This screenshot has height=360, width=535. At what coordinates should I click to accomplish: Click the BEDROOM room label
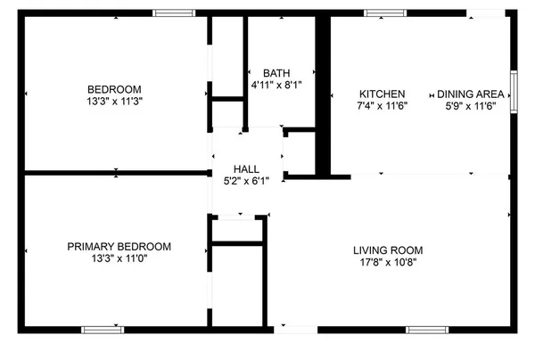(115, 88)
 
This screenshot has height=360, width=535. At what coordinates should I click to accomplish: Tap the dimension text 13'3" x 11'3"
(115, 101)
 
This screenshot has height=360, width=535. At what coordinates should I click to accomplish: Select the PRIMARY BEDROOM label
(119, 247)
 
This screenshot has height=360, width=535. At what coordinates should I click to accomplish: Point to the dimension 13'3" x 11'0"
(119, 259)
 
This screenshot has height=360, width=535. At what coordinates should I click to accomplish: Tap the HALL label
(246, 168)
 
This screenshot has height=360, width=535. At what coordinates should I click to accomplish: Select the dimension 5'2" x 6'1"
(246, 180)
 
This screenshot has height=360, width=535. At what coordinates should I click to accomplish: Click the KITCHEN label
(382, 94)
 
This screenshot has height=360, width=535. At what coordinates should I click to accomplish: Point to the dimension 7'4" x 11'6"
(382, 106)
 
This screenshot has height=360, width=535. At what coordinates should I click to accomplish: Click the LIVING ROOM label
(387, 250)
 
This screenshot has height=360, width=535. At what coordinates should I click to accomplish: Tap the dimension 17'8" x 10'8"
(387, 262)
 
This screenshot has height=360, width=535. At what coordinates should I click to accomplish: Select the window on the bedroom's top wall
(174, 13)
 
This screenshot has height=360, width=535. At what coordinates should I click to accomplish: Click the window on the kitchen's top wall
(383, 13)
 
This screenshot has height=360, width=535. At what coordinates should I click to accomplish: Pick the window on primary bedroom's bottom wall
(103, 330)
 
